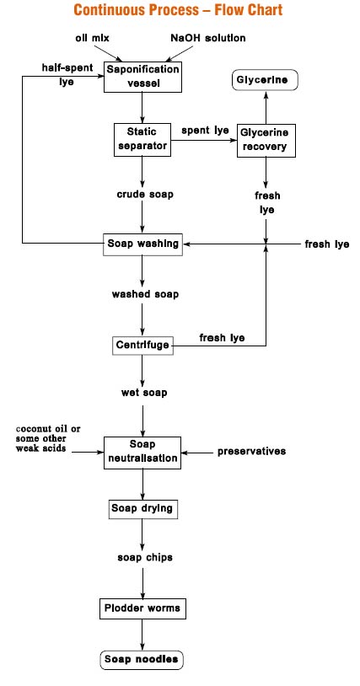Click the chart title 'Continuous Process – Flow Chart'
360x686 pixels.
click(x=179, y=9)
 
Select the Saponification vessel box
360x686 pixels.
click(x=142, y=77)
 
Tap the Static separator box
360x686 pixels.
click(x=142, y=140)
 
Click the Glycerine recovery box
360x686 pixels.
click(x=266, y=141)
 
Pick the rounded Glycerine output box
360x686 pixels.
click(x=265, y=80)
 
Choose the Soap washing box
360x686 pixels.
click(x=142, y=244)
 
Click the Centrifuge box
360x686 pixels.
click(x=142, y=346)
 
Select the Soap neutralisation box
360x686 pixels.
click(x=142, y=453)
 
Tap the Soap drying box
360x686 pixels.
click(x=142, y=509)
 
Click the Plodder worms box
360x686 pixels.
click(x=142, y=608)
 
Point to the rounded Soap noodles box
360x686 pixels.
click(x=142, y=659)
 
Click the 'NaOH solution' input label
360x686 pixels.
click(x=208, y=38)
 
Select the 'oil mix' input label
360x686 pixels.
click(x=92, y=38)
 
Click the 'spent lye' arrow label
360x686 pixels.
click(x=205, y=131)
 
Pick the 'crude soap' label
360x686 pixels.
click(x=145, y=194)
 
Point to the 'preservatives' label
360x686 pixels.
click(x=252, y=451)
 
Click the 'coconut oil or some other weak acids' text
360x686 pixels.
click(x=48, y=438)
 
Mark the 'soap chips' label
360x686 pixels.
click(x=145, y=557)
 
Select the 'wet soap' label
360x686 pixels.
click(x=144, y=393)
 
